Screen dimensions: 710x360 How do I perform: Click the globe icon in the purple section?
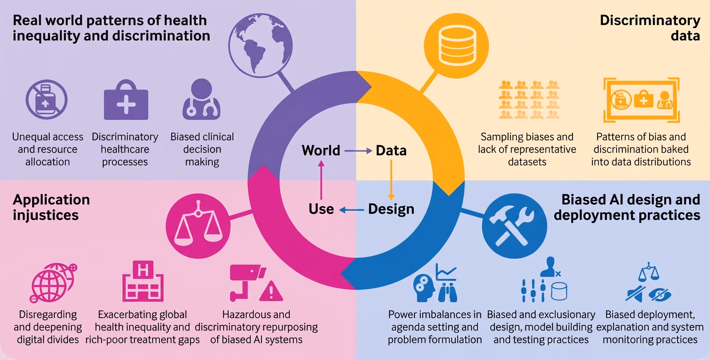pos(260,45)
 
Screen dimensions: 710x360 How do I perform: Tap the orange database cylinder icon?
pos(456,46)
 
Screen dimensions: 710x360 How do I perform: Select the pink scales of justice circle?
pos(198,226)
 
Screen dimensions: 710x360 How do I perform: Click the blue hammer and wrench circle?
pos(514,226)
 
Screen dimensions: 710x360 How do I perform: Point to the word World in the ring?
pos(321,150)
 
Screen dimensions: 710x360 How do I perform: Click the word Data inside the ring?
pos(391,150)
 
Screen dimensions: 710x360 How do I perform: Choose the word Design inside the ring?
pos(391,209)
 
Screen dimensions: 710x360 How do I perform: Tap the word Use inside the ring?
pos(321,209)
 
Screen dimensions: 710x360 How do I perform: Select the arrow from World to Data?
pos(358,151)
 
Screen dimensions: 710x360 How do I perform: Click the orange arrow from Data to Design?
pos(391,180)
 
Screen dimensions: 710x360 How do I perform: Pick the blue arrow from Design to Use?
pos(352,210)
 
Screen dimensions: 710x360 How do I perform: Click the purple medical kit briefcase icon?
pos(126,100)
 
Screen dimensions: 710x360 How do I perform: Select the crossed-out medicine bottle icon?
pos(47,99)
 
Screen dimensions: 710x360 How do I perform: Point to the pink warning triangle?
pos(271,291)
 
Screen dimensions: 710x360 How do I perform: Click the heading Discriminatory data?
pos(650,28)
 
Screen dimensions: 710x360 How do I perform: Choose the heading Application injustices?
pos(51,207)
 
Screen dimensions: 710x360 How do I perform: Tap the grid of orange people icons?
pos(529,99)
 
